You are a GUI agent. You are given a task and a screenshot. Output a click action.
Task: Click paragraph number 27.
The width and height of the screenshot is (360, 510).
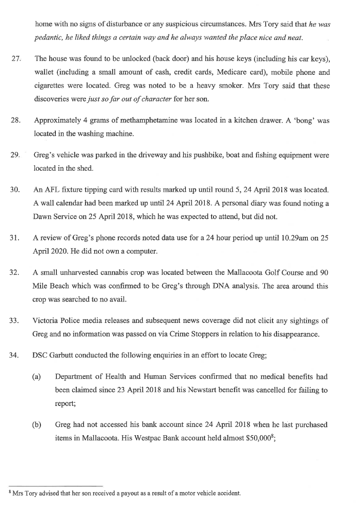click(x=15, y=59)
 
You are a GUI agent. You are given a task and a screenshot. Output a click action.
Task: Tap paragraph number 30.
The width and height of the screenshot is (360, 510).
click(x=15, y=190)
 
